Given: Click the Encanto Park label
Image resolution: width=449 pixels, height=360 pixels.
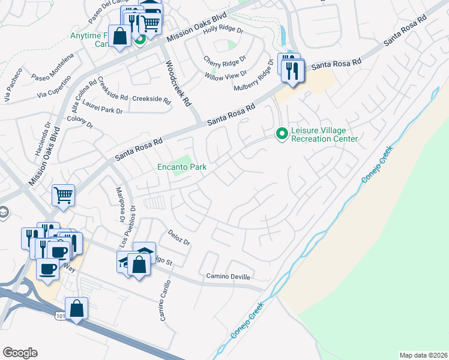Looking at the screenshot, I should point(181,167).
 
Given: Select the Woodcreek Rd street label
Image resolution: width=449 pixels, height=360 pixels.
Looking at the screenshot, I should point(178,83).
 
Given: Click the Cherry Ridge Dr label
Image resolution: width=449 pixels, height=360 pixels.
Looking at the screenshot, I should point(225,61).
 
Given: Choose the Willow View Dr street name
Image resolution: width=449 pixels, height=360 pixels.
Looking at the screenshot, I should point(226,75).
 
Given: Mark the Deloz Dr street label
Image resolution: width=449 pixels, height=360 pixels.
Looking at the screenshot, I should point(179,238).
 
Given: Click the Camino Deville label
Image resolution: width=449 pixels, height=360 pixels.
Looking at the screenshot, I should point(228,276).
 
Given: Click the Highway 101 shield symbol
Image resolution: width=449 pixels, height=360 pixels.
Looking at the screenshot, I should point(61,315).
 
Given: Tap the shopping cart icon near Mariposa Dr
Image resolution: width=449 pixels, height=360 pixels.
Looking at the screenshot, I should point(63,194).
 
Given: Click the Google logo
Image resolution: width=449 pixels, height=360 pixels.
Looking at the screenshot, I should point(20,353).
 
